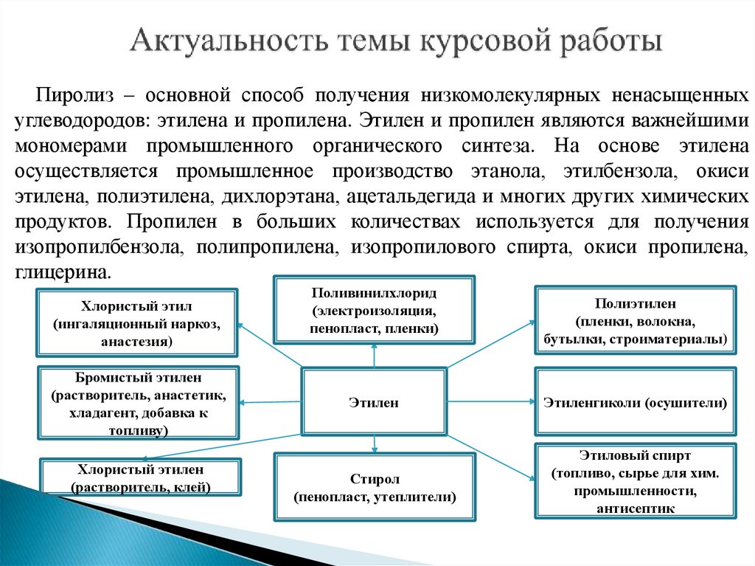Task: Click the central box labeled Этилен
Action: coord(374,402)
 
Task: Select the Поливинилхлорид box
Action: coord(374,310)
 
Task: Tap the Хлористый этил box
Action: coord(137,323)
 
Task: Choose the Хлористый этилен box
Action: coord(140,477)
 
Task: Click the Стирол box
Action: coord(374,487)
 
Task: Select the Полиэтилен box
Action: coord(635,321)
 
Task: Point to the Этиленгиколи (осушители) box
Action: coord(635,403)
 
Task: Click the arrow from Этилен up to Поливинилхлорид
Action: coord(375,357)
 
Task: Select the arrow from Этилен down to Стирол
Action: coord(375,444)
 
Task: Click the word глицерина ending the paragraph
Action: coord(63,272)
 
